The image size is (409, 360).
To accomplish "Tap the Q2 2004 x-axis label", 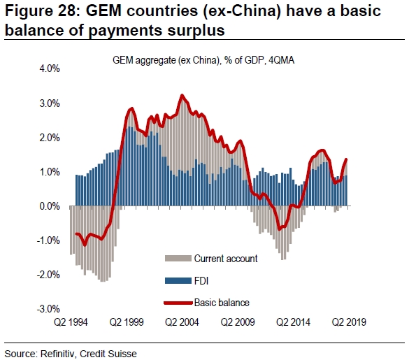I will [x=182, y=322].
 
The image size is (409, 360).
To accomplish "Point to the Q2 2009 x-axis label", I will [x=238, y=322].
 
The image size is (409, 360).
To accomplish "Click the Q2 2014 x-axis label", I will [x=294, y=322].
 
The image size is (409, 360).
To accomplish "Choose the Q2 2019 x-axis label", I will [x=349, y=322].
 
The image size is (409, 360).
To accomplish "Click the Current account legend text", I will [x=225, y=259].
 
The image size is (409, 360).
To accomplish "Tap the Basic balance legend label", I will [x=222, y=303].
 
